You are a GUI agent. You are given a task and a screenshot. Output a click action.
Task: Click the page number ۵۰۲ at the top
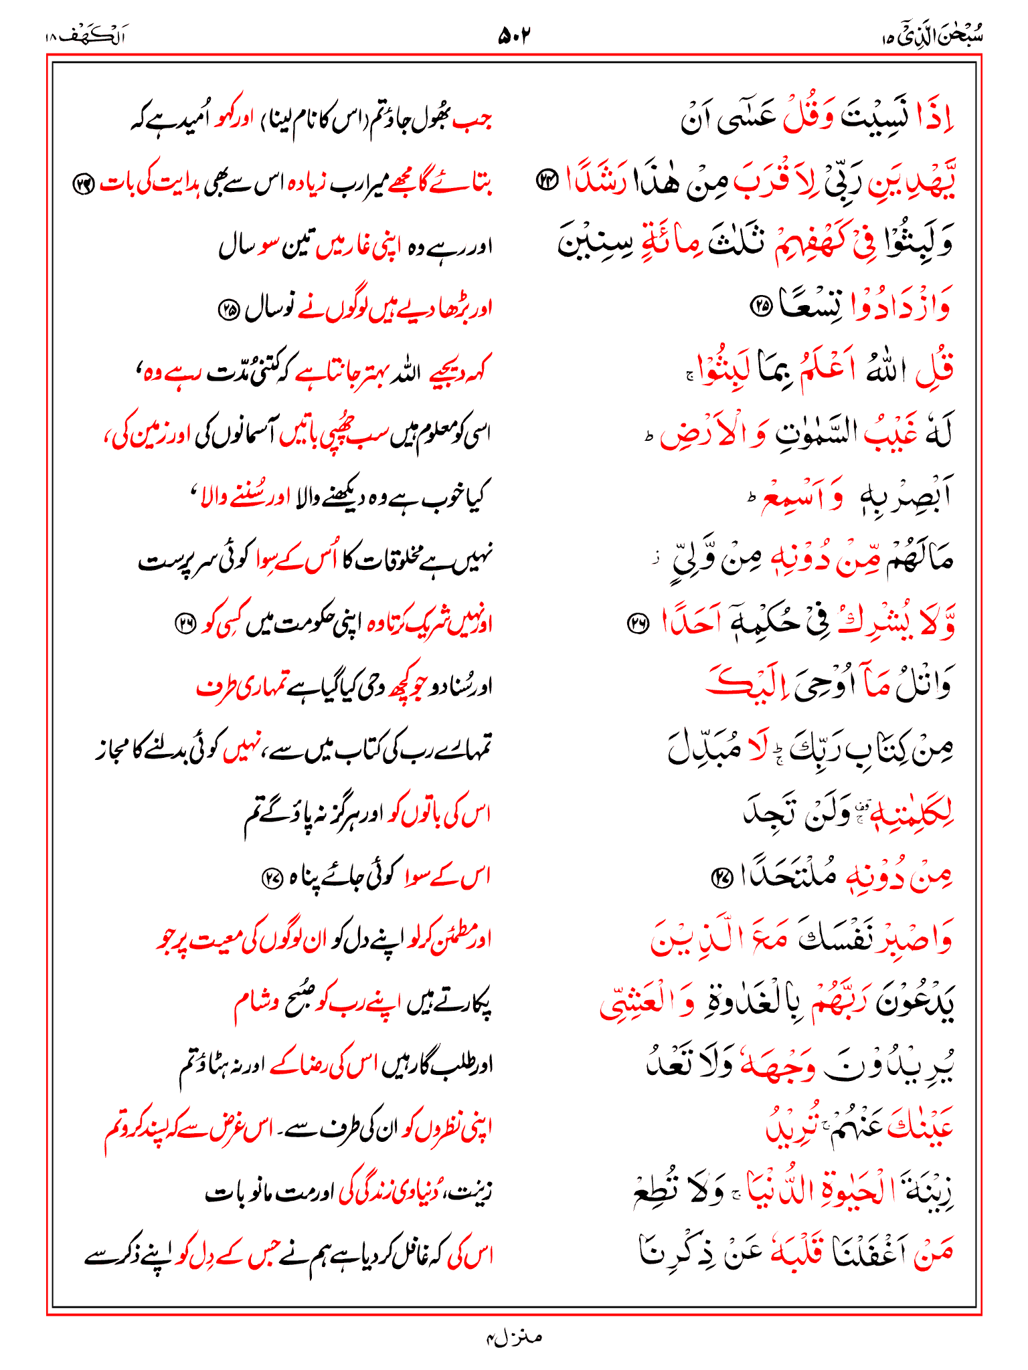pyautogui.click(x=513, y=35)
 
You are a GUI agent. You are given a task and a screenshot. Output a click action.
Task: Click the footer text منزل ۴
pyautogui.click(x=514, y=1337)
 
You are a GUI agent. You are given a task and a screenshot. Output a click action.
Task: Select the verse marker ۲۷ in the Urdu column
pyautogui.click(x=272, y=877)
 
